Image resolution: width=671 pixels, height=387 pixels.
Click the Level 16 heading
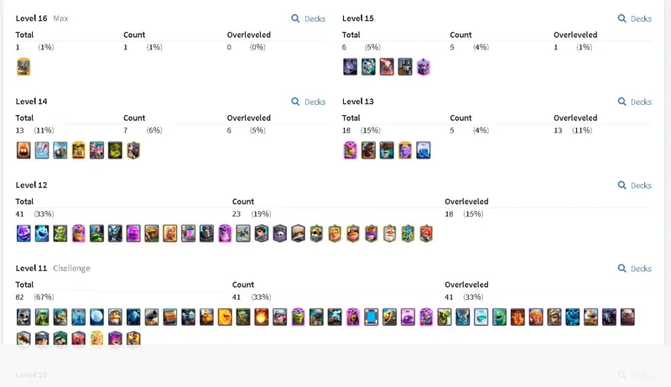[31, 18]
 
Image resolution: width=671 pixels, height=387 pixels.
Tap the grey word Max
[60, 18]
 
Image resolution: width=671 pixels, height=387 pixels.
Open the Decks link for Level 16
[309, 18]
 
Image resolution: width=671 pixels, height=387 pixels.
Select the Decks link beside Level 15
[635, 18]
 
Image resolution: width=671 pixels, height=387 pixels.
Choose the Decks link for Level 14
[309, 102]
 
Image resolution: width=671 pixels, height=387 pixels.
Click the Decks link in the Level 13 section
[635, 102]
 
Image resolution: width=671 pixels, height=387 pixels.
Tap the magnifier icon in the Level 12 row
[622, 185]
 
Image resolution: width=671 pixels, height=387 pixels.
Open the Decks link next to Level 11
[635, 269]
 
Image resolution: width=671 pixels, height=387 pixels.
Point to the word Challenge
[71, 269]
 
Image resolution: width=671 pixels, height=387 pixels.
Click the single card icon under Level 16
[23, 67]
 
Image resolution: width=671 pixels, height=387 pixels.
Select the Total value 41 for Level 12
[19, 213]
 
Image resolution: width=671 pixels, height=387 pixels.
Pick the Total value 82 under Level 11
[19, 296]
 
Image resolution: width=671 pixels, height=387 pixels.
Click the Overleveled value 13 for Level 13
[558, 130]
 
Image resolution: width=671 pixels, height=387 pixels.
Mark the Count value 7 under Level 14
[125, 130]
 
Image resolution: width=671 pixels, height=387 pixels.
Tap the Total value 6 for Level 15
[344, 47]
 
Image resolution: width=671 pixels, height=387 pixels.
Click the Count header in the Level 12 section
[243, 201]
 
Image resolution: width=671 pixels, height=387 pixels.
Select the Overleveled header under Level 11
[466, 285]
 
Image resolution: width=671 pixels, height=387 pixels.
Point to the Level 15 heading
[358, 18]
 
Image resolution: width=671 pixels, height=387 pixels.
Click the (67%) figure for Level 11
[44, 296]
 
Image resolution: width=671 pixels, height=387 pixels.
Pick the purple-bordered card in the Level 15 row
[424, 67]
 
